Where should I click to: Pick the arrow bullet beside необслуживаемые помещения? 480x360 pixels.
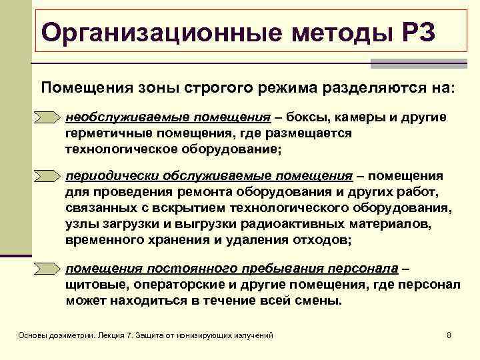(47, 118)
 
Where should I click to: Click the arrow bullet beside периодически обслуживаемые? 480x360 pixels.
(47, 177)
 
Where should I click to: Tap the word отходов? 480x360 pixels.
(327, 239)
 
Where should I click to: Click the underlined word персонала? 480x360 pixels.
(362, 269)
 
